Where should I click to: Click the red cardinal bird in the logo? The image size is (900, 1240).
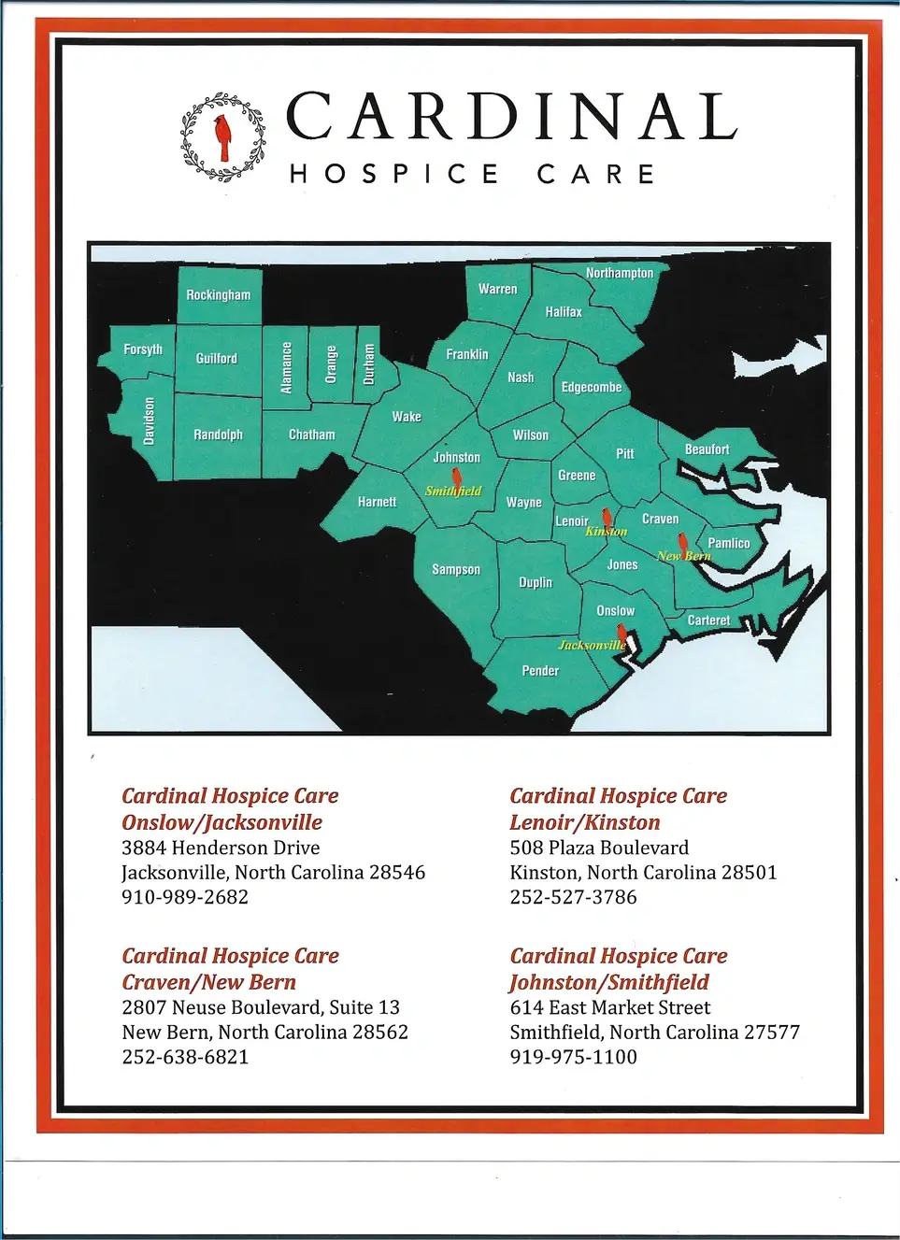(x=222, y=136)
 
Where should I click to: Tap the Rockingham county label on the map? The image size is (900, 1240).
(x=218, y=295)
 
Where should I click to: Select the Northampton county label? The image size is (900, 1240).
(x=619, y=273)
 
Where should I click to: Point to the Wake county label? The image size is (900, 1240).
(x=406, y=417)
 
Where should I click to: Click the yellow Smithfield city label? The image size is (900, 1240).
(x=453, y=491)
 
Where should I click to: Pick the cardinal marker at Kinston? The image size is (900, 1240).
(x=607, y=517)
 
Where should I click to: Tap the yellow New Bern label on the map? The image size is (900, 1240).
(x=683, y=556)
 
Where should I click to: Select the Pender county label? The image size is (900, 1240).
(x=540, y=671)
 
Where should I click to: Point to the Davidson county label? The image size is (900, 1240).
(x=149, y=420)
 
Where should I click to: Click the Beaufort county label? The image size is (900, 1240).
(x=707, y=449)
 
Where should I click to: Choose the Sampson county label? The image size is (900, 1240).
(x=455, y=569)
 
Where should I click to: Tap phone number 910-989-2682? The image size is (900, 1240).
(x=185, y=897)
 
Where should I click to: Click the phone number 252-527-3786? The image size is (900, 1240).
(x=573, y=897)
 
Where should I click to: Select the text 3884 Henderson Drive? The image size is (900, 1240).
(x=221, y=848)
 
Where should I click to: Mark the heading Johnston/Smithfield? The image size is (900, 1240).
(x=608, y=982)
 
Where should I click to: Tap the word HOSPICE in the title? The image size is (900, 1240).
(x=393, y=174)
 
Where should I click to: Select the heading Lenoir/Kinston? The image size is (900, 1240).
(x=584, y=822)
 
